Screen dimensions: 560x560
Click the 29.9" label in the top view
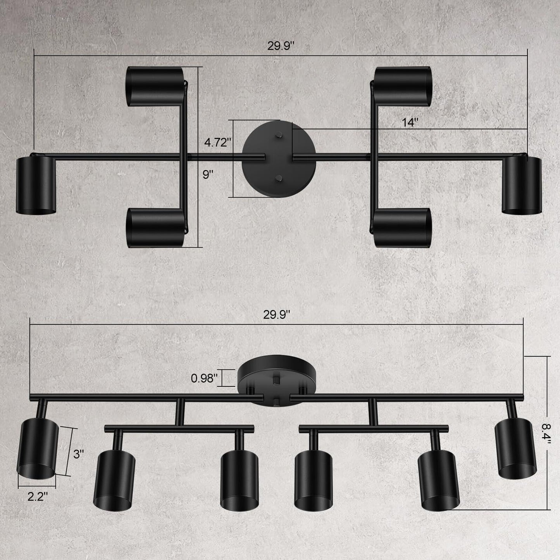(281, 46)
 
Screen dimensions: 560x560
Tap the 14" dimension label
(410, 122)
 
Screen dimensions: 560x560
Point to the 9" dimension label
(208, 175)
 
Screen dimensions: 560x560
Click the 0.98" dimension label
(204, 378)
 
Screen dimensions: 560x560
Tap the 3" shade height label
(79, 454)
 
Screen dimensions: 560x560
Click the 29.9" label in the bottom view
(277, 315)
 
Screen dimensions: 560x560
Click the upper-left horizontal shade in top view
(155, 86)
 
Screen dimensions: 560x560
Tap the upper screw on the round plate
(279, 136)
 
